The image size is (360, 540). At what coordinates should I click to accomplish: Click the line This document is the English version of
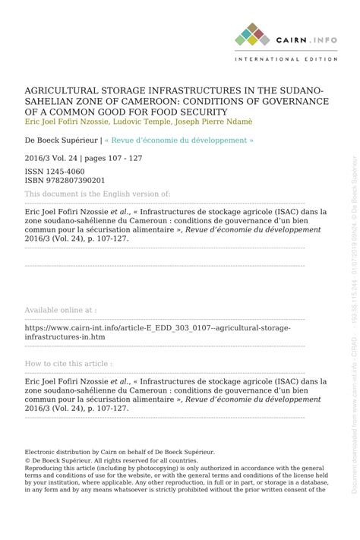tap(97, 195)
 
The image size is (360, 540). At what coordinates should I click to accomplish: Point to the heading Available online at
tap(61, 311)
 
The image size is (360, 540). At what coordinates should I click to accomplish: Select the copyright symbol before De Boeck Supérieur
tap(27, 461)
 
